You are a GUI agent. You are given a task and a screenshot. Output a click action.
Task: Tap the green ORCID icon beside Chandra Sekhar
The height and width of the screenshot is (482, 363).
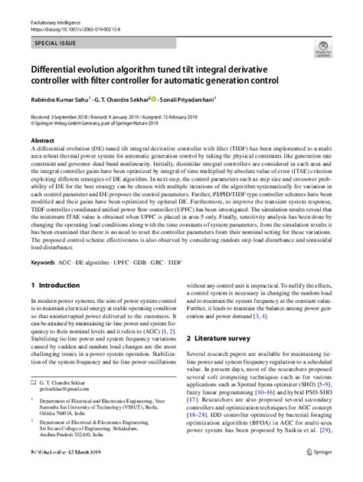point(154,99)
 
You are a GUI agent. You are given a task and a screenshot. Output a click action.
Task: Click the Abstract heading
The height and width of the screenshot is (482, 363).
point(42,142)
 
